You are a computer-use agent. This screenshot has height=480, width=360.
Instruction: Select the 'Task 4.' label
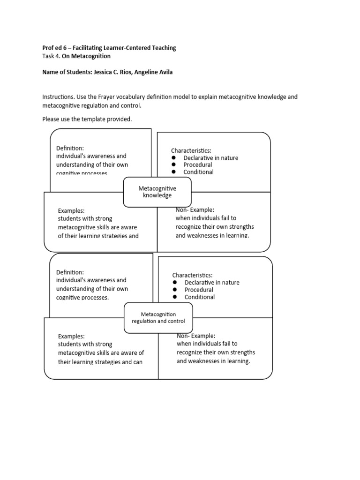coord(51,56)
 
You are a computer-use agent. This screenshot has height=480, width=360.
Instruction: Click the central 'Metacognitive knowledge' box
coord(157,192)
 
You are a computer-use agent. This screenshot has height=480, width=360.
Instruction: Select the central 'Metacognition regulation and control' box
coord(158,317)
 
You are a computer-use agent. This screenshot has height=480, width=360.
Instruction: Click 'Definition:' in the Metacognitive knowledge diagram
coord(70,148)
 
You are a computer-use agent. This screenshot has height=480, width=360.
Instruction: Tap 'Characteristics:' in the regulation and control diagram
coord(192,275)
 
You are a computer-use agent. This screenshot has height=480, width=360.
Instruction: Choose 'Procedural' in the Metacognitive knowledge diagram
coord(198,165)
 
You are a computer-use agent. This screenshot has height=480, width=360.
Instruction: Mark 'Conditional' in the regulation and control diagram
coord(200,297)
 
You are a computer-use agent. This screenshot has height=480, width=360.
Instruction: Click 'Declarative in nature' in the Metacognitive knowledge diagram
coord(211,158)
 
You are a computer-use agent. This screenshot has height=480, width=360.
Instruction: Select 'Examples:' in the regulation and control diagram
coord(71,336)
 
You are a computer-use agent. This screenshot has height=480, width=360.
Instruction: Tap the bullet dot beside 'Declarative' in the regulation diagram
coord(175,283)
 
